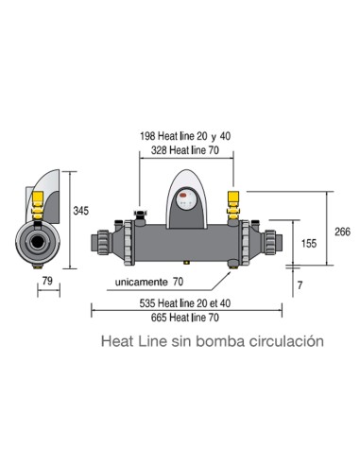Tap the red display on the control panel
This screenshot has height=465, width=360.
[x=186, y=199]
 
